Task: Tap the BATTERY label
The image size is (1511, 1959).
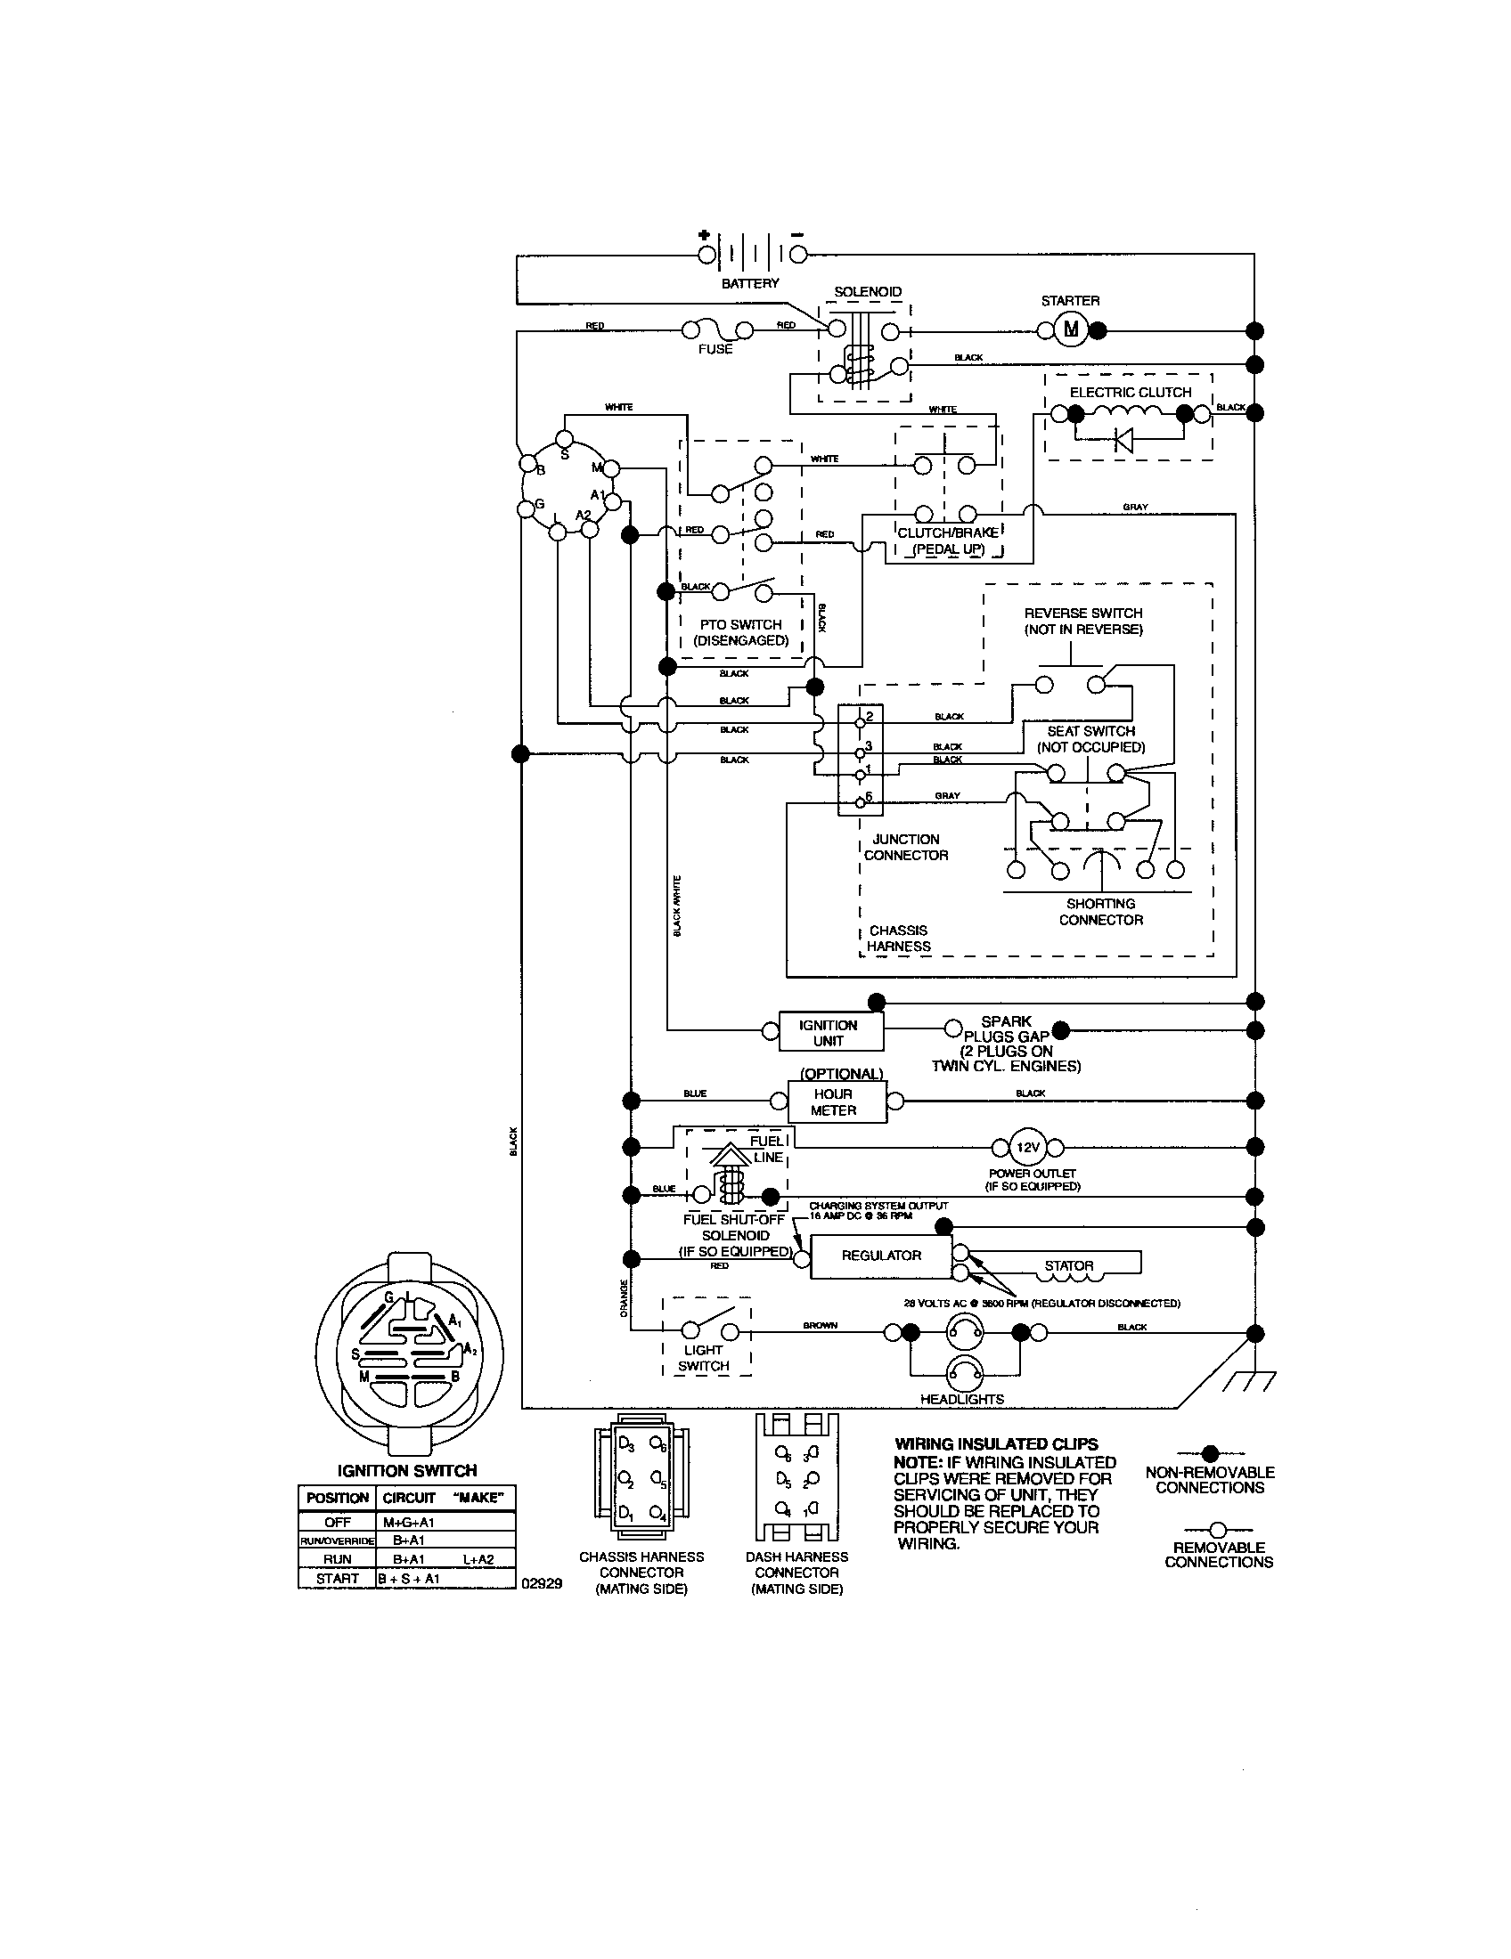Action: point(750,283)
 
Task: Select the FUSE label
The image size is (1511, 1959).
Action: point(715,349)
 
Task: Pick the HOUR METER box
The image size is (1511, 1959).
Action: point(836,1101)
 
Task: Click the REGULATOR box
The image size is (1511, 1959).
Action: point(880,1256)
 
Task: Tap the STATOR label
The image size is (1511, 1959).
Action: point(1068,1265)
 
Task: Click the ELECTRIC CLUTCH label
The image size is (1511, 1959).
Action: point(1130,392)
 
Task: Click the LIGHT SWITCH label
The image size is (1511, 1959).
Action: point(704,1358)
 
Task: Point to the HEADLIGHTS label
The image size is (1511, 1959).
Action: point(962,1399)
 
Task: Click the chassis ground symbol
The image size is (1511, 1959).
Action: point(1248,1382)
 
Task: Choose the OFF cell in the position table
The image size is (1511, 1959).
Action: point(338,1522)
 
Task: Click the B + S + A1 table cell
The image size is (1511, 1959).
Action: point(410,1579)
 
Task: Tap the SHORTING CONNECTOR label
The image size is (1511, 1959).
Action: point(1101,911)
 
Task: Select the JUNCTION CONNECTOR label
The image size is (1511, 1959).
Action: point(905,847)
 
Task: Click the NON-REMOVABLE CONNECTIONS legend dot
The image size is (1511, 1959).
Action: point(1211,1453)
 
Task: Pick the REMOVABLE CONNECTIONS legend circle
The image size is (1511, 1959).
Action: point(1218,1529)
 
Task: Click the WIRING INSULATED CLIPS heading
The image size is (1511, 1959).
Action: point(996,1444)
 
